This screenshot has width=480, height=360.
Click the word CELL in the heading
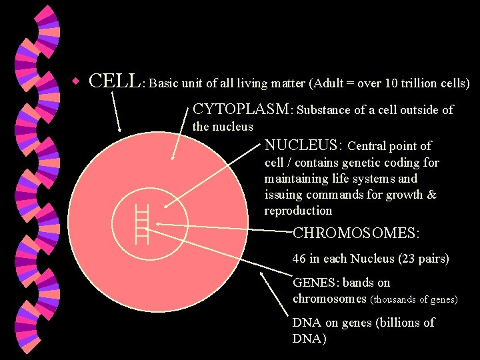click(114, 81)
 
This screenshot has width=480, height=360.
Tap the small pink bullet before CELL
click(77, 82)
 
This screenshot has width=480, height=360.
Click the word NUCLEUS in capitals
click(303, 145)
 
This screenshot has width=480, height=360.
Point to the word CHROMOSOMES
click(356, 234)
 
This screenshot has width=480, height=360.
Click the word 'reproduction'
click(298, 211)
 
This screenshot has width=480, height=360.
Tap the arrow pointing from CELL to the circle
click(116, 111)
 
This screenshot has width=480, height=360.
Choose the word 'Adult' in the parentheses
click(328, 84)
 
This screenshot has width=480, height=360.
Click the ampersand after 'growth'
click(431, 195)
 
